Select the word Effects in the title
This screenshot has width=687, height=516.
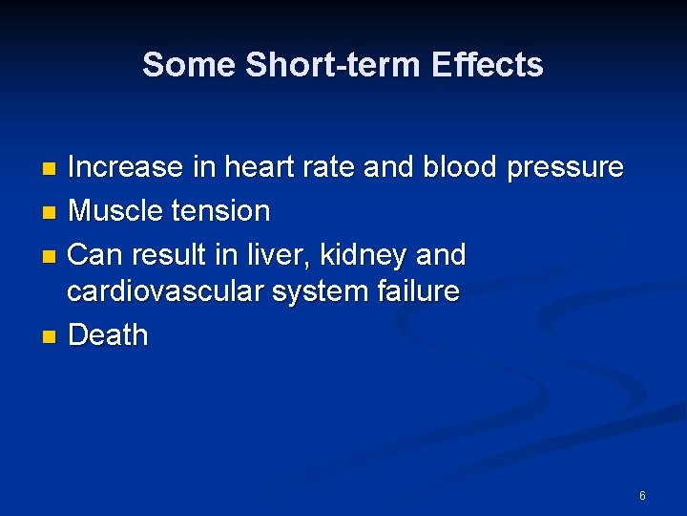[487, 65]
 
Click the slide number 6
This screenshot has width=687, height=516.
[642, 496]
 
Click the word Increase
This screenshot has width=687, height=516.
[126, 168]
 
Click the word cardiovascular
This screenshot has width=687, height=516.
[165, 291]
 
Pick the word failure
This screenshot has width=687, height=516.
[416, 291]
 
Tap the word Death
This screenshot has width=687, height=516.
[109, 335]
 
